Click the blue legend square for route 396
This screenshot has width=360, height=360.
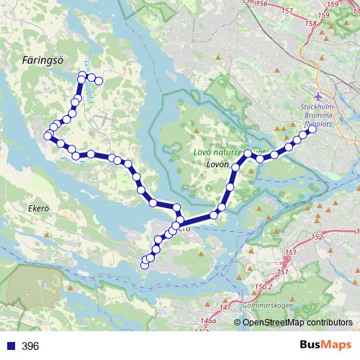10,346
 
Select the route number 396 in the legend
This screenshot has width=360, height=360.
30,346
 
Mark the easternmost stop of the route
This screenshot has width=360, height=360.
312,130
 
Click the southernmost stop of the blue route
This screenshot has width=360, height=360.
144,266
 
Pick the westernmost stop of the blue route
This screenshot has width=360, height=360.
48,135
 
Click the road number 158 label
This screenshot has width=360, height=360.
312,24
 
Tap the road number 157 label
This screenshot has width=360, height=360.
288,11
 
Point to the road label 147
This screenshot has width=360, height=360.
227,307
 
